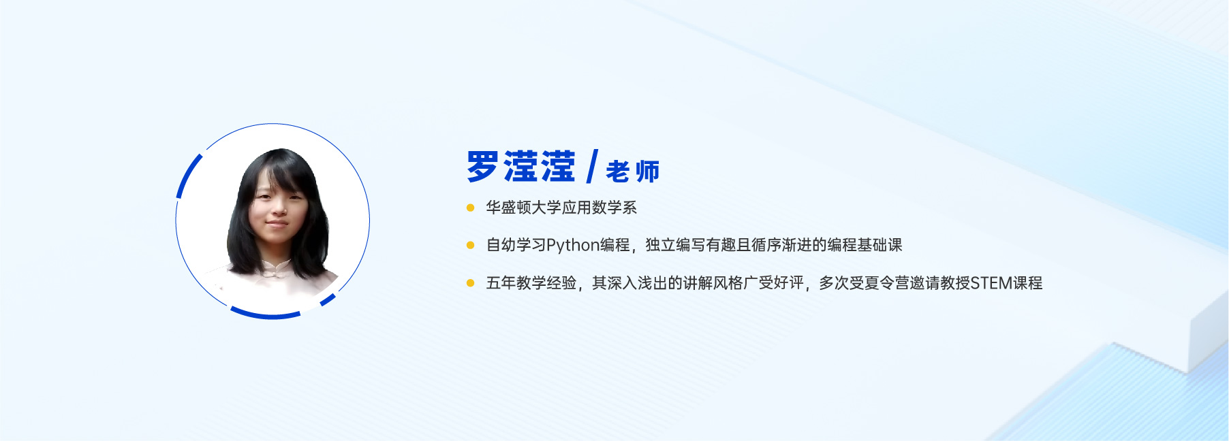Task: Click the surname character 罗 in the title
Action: point(482,167)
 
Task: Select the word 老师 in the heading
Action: point(633,171)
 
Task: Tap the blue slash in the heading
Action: point(591,167)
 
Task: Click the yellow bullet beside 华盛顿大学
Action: point(470,208)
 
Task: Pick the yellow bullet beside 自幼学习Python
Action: point(470,245)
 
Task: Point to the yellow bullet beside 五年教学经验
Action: point(470,283)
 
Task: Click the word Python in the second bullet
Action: point(573,246)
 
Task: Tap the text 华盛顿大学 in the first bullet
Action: point(523,208)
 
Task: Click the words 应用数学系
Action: point(599,208)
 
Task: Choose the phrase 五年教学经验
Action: point(531,283)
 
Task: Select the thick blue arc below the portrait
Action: point(265,314)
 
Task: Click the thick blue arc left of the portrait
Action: point(187,175)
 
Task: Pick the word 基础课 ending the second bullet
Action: point(880,245)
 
